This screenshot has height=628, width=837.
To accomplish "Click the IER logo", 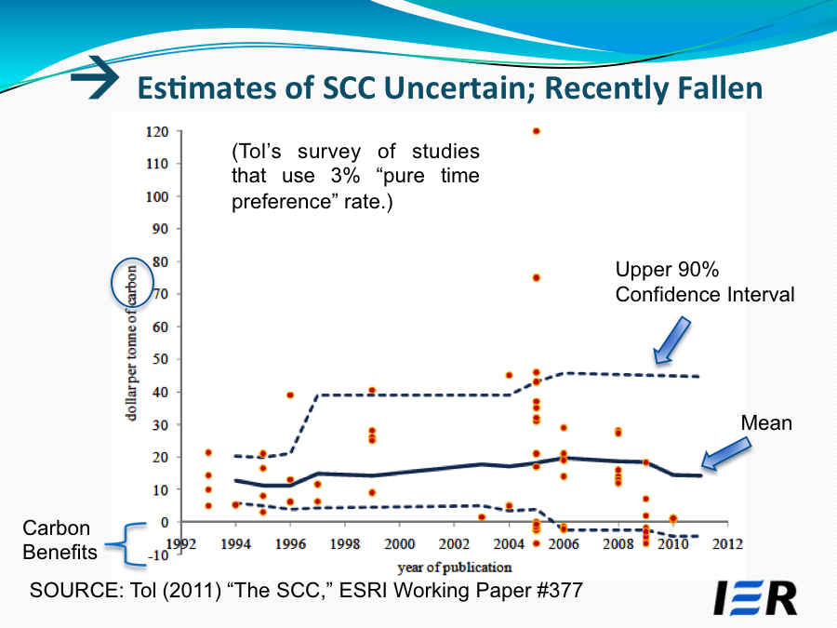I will tap(754, 598).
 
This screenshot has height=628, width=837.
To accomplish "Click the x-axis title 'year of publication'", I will tap(454, 567).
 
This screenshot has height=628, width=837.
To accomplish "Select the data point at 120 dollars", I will tap(537, 131).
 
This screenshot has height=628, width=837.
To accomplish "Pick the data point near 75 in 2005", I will tap(537, 278).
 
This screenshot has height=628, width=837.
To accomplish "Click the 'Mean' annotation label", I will tap(766, 423).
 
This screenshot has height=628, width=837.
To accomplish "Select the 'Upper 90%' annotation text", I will tap(668, 271).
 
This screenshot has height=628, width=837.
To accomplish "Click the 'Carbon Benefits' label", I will tap(60, 541).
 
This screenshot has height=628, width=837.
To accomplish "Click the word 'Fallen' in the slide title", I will tap(714, 87).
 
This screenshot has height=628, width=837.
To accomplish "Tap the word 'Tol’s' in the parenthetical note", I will tap(254, 152).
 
